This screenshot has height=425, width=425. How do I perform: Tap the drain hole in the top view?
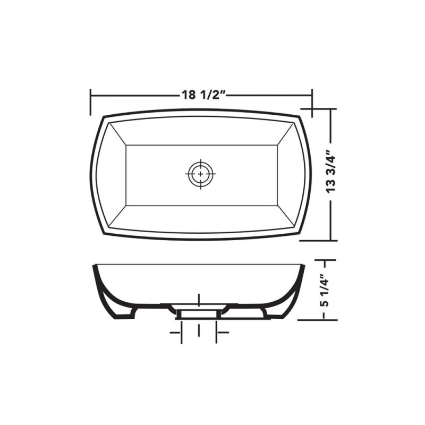200,173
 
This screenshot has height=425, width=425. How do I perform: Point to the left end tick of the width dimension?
91,101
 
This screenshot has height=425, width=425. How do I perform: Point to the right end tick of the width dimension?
312,101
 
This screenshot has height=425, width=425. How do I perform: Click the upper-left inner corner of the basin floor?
125,144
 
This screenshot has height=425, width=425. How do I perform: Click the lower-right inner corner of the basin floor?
275,205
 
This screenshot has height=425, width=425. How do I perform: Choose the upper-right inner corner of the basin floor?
275,144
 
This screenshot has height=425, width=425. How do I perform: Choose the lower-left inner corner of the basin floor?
125,205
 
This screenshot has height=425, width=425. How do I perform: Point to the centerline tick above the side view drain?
199,299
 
